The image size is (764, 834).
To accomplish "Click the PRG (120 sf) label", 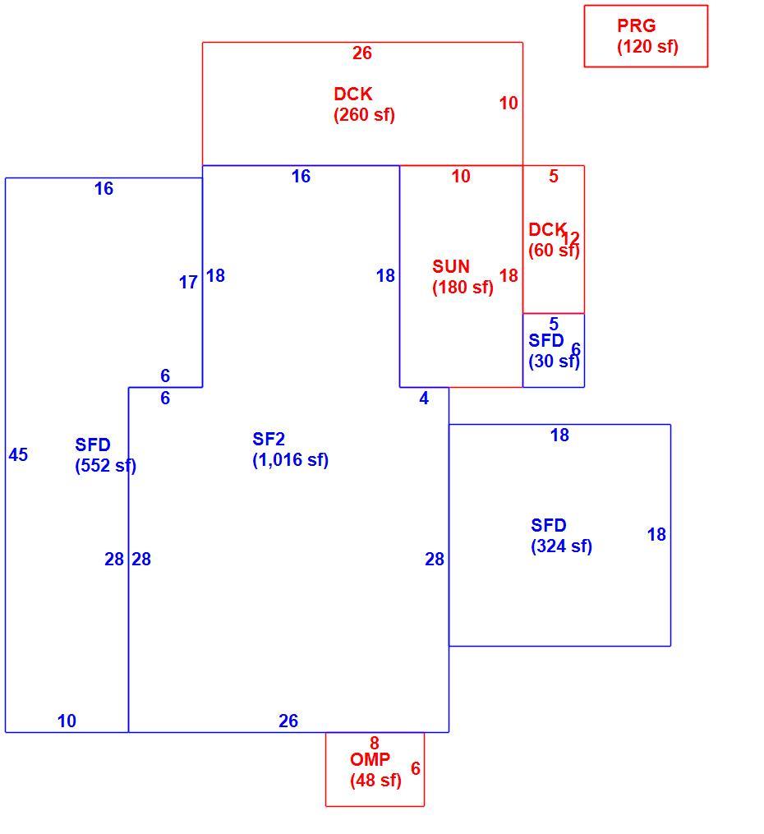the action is [647, 36].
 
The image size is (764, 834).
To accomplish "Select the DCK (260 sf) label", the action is [364, 104].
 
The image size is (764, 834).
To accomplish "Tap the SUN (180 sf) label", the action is [463, 277].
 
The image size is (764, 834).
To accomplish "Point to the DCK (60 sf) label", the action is [554, 240].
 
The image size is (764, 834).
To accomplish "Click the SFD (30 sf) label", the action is [554, 351].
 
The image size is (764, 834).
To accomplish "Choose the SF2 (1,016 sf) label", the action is [290, 449].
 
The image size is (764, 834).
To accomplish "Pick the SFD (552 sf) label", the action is [106, 454].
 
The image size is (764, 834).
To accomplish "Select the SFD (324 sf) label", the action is [561, 536].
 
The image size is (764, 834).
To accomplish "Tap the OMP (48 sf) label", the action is [375, 770].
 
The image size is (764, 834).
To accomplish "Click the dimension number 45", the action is [18, 454].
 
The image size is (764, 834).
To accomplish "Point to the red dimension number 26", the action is [362, 53].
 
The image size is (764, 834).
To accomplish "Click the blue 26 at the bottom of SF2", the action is [288, 721].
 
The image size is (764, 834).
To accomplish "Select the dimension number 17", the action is [188, 283].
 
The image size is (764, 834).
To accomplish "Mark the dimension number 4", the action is [424, 399].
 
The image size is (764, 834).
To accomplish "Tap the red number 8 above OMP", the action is [375, 743].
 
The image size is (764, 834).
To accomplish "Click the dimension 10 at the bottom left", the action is [67, 721].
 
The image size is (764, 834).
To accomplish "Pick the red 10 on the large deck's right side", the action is [509, 104].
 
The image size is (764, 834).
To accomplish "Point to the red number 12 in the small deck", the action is [570, 238].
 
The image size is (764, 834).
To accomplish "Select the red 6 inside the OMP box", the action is [415, 768].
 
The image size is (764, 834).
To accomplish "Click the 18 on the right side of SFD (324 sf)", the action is [656, 535].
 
